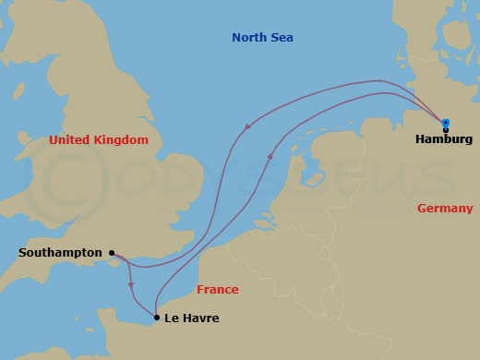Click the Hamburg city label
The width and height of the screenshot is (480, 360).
click(x=444, y=139)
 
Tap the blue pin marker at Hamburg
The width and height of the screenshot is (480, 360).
click(x=445, y=123)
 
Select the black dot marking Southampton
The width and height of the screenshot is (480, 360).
click(x=112, y=252)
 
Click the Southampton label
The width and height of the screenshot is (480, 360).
click(x=60, y=252)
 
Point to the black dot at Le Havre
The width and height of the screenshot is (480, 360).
click(x=157, y=318)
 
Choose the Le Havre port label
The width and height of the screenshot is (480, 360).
click(x=193, y=318)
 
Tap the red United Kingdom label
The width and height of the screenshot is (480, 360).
click(x=99, y=140)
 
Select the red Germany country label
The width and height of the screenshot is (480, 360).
click(x=445, y=209)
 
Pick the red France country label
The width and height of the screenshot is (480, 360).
click(x=218, y=289)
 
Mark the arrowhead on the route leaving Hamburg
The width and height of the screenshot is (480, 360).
click(x=246, y=129)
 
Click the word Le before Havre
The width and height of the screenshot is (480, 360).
click(x=173, y=318)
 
